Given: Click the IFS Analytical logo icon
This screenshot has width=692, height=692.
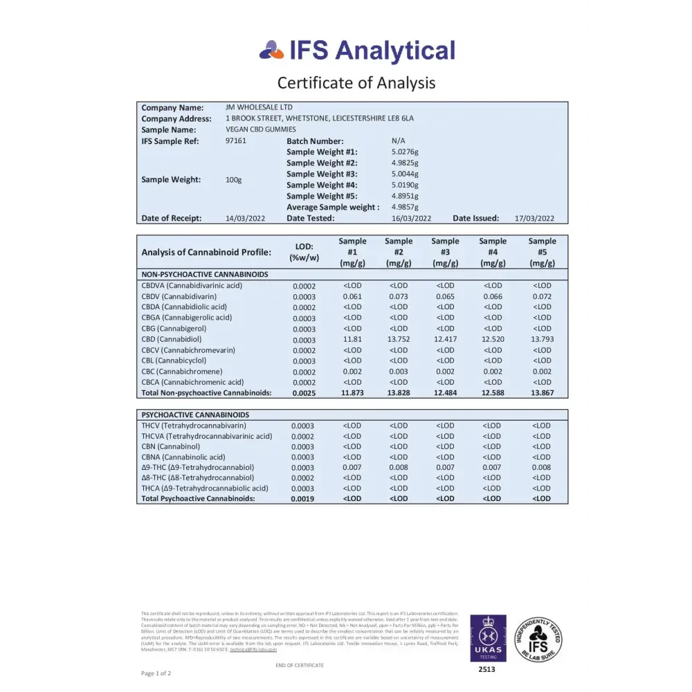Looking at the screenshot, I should click(271, 50).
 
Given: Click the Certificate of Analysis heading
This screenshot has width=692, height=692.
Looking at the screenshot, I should click(356, 83).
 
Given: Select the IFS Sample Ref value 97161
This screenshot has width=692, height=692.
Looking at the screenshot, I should click(236, 140).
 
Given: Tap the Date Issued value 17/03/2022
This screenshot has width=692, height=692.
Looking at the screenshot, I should click(535, 218).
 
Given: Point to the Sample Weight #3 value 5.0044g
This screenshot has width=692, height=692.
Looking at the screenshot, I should click(405, 174).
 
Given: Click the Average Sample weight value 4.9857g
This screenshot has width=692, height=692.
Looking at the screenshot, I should click(405, 207).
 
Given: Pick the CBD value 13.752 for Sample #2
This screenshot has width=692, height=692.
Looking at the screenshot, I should click(399, 339).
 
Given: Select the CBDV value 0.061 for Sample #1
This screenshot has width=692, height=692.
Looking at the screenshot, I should click(352, 296).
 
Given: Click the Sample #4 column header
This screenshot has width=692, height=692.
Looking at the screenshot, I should click(493, 252).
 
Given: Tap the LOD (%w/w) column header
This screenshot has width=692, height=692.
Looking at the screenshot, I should click(304, 252).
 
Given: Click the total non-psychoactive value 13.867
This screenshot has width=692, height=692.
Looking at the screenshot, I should click(542, 393).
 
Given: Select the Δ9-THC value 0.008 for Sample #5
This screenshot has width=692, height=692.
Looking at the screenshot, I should click(542, 467).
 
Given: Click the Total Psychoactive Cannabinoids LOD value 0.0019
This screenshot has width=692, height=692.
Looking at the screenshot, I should click(302, 498).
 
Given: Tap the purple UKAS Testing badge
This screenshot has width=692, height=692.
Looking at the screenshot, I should click(488, 637).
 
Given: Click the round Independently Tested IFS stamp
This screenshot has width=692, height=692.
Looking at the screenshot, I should click(538, 639).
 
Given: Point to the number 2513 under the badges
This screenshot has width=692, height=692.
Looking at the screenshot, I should click(488, 669).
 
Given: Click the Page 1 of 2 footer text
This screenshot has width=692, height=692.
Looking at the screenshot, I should click(156, 673).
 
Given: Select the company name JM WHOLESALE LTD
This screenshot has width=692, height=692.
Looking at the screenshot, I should click(259, 107).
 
